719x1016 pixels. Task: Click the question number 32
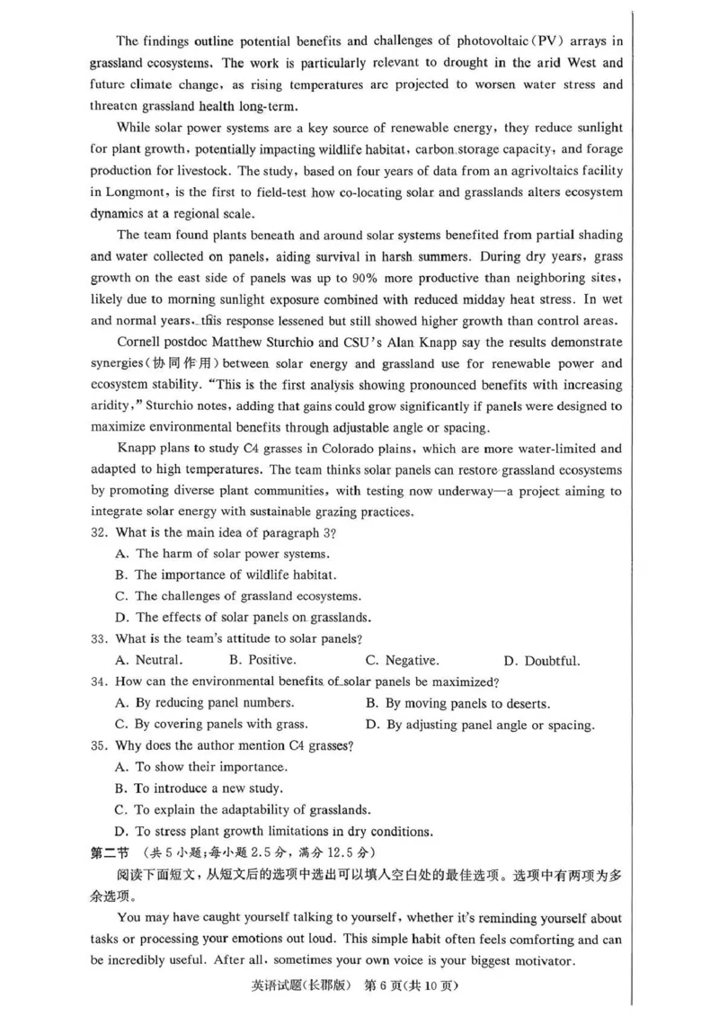tap(100, 532)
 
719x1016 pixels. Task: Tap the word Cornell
tap(141, 343)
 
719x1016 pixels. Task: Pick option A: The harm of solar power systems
tap(223, 553)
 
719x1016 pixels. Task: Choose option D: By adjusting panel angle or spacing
tap(480, 725)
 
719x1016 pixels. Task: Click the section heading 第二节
tap(111, 851)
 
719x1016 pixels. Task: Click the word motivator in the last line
tap(541, 960)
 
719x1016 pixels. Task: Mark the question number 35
tap(100, 746)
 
